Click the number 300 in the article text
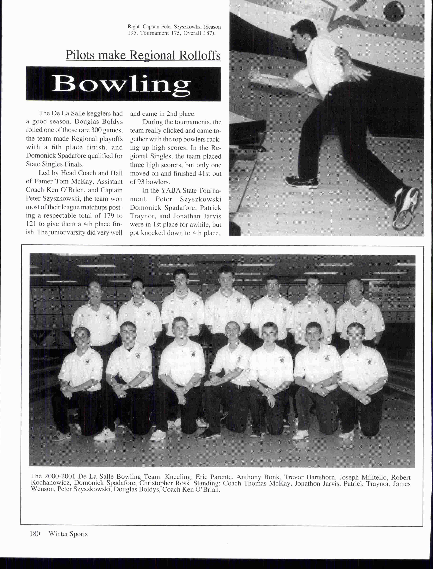(96, 130)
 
